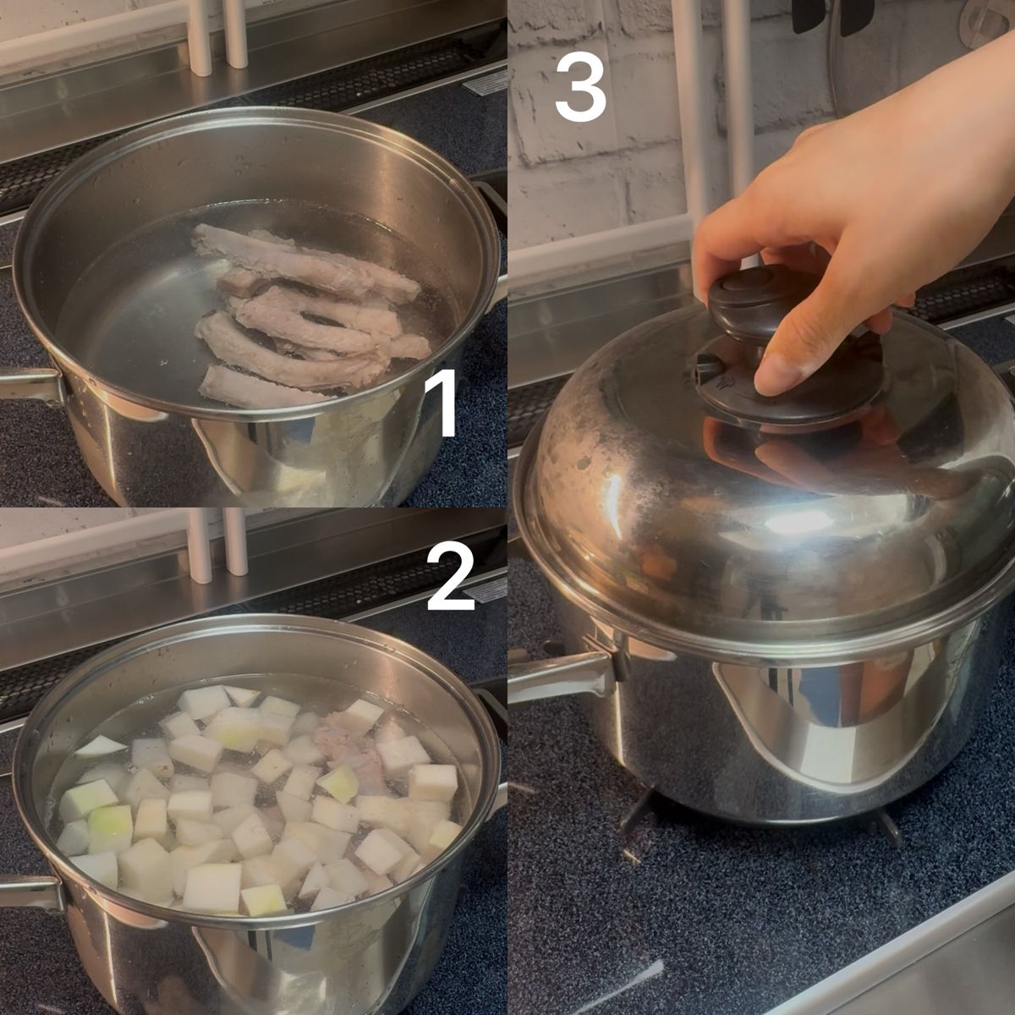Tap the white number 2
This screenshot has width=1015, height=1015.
[451, 578]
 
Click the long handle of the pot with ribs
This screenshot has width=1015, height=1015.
[30, 386]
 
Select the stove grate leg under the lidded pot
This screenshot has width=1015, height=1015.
[639, 809]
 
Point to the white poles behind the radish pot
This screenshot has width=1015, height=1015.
[217, 546]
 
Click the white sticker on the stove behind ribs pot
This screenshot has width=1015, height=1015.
[488, 83]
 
